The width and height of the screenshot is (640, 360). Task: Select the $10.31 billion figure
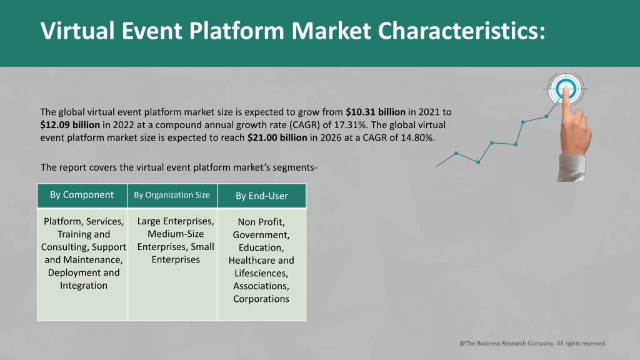point(376,112)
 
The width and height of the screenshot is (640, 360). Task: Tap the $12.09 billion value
point(70,124)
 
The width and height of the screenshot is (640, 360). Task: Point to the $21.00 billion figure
point(277,137)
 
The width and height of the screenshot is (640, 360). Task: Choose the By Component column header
point(82,195)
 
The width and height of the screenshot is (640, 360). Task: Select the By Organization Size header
point(172,195)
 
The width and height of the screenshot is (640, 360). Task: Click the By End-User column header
point(262,196)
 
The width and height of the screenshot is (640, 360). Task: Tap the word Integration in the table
point(84,285)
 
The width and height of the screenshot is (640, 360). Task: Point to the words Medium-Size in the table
point(176,234)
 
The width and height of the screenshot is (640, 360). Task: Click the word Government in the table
point(261,235)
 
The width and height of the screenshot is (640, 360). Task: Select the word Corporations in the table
point(261,299)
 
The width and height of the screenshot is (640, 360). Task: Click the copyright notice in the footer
point(533,343)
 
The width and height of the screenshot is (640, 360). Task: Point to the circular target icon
point(566,89)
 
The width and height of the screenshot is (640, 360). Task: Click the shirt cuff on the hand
point(571,167)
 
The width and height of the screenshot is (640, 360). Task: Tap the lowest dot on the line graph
point(478,162)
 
